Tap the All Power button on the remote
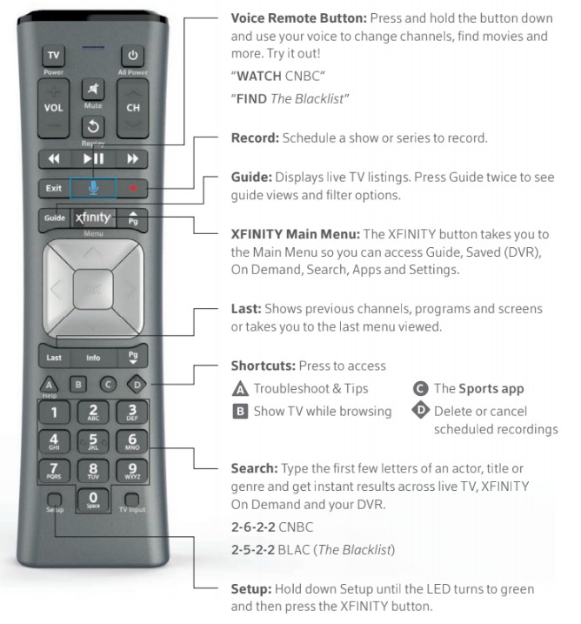point(132,56)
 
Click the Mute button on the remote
point(93,89)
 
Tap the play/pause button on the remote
point(93,158)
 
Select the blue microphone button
point(93,188)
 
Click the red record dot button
point(132,188)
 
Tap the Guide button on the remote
point(55,218)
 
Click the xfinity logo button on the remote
point(93,218)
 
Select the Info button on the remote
point(93,358)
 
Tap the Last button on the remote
point(54,358)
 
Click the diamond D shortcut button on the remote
point(137,385)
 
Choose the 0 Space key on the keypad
point(93,500)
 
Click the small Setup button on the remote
point(55,500)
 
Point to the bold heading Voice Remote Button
point(298,18)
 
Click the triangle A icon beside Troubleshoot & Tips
point(240,388)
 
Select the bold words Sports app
point(491,389)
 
